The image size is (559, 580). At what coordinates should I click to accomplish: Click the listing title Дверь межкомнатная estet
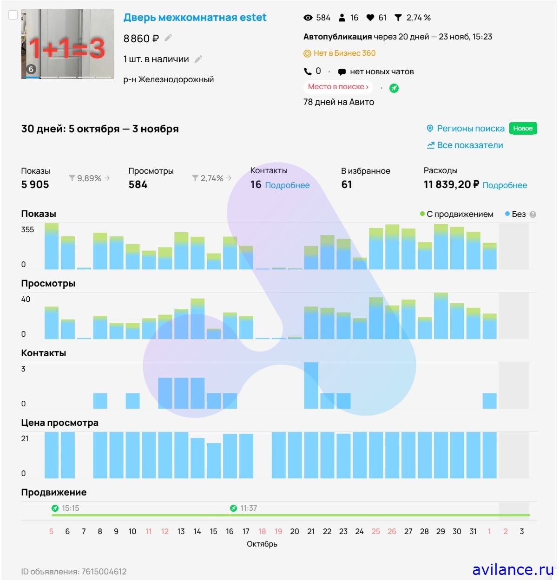[x=195, y=18]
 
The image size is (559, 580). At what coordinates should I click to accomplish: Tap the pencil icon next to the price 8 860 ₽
[x=168, y=38]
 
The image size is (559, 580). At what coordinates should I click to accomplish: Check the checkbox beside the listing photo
[x=13, y=15]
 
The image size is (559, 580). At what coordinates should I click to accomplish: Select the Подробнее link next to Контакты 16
[x=287, y=185]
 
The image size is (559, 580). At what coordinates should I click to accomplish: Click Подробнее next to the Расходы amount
[x=505, y=185]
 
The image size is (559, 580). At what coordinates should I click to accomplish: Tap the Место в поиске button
[x=338, y=87]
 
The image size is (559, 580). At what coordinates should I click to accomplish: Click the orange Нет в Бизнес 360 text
[x=344, y=53]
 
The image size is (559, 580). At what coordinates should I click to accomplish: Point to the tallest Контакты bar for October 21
[x=311, y=385]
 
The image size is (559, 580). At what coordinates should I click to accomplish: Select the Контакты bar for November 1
[x=489, y=401]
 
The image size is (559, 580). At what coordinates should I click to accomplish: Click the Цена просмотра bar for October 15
[x=214, y=460]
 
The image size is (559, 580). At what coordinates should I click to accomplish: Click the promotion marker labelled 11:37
[x=233, y=508]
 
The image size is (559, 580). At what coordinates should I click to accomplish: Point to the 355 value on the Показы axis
[x=27, y=229]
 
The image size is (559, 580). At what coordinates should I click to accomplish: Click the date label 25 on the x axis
[x=375, y=531]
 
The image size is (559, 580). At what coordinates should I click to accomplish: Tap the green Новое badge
[x=523, y=129]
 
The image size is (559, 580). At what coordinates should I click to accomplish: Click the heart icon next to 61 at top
[x=370, y=18]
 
